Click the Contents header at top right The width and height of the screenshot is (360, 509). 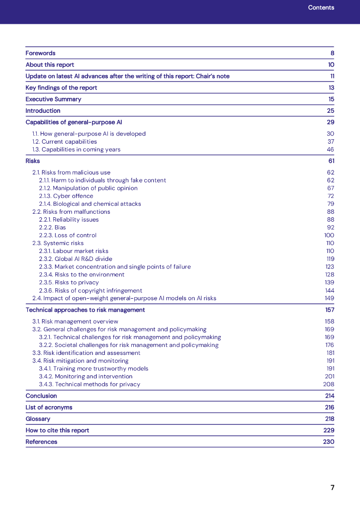pos(321,7)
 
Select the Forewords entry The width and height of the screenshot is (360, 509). pos(41,53)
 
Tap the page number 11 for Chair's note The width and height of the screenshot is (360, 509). pos(332,76)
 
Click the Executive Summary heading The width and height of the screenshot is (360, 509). pos(53,99)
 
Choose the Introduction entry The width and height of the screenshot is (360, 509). pos(43,110)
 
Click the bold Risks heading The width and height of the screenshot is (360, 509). pos(33,161)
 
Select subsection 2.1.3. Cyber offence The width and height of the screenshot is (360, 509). pos(66,196)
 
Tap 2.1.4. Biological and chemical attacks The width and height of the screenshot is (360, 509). pos(90,204)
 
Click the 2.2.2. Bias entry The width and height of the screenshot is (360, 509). pos(52,227)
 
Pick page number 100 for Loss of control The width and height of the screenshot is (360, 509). pos(329,235)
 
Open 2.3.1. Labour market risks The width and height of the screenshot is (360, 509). pos(74,251)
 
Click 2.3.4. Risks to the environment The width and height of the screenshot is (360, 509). pos(82,274)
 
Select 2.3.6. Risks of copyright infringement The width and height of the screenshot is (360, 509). pos(90,290)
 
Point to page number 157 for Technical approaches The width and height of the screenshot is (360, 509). pos(329,310)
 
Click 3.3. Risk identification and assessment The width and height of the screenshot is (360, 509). pos(87,353)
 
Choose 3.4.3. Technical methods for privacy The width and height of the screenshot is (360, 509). pos(90,384)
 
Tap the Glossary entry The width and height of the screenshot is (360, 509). pos(38,419)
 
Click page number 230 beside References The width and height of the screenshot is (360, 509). pos(328,441)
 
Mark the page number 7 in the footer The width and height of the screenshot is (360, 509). pos(332,488)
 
